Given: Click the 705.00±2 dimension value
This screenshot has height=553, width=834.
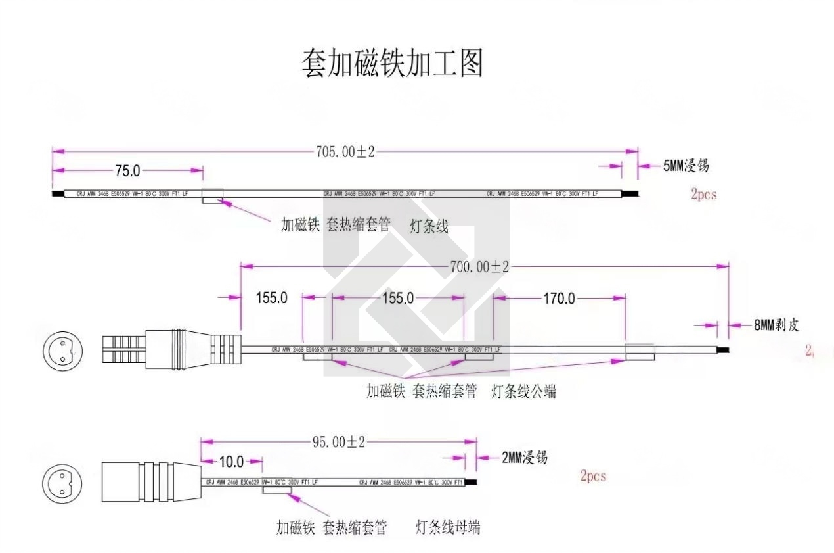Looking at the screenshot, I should [345, 152].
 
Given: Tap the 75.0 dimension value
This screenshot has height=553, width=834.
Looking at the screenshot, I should [127, 171].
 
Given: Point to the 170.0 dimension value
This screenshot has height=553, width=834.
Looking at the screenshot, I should [558, 299].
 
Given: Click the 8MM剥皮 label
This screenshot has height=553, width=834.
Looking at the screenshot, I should [776, 325].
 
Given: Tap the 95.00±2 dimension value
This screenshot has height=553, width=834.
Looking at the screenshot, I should [338, 442].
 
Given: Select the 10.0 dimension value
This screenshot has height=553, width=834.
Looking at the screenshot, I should [230, 461].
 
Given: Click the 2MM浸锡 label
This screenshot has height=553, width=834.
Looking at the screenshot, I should [525, 458].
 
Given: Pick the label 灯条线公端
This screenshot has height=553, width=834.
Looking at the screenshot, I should [524, 392].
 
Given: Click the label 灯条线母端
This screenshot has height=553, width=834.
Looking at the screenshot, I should [448, 527].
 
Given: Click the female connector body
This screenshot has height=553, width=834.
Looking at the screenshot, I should [150, 482].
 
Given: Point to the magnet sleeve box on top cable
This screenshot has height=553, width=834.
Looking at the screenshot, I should [212, 195].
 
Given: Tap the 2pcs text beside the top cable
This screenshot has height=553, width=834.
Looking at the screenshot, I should [703, 195].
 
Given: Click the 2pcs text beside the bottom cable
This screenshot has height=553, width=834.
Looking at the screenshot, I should [593, 476].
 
